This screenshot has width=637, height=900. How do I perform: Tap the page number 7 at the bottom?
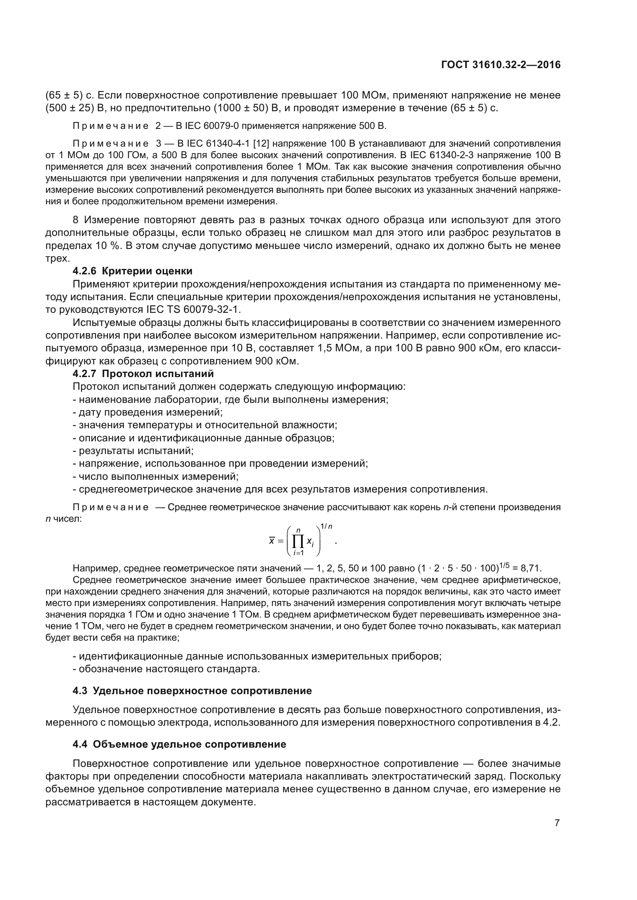pos(557,822)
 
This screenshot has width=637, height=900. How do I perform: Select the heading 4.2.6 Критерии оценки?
pos(132,271)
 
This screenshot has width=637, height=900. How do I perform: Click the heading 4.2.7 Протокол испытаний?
pos(143,374)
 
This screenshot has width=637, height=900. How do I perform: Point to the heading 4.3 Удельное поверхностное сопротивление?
pos(192,691)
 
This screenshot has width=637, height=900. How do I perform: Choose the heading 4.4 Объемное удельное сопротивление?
pos(179,744)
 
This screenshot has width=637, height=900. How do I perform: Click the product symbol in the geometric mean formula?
pos(298,542)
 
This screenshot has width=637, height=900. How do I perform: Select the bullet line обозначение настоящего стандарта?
pos(167,669)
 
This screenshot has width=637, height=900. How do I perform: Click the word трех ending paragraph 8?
pos(57,258)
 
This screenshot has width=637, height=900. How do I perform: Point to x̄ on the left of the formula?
pos(272,541)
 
